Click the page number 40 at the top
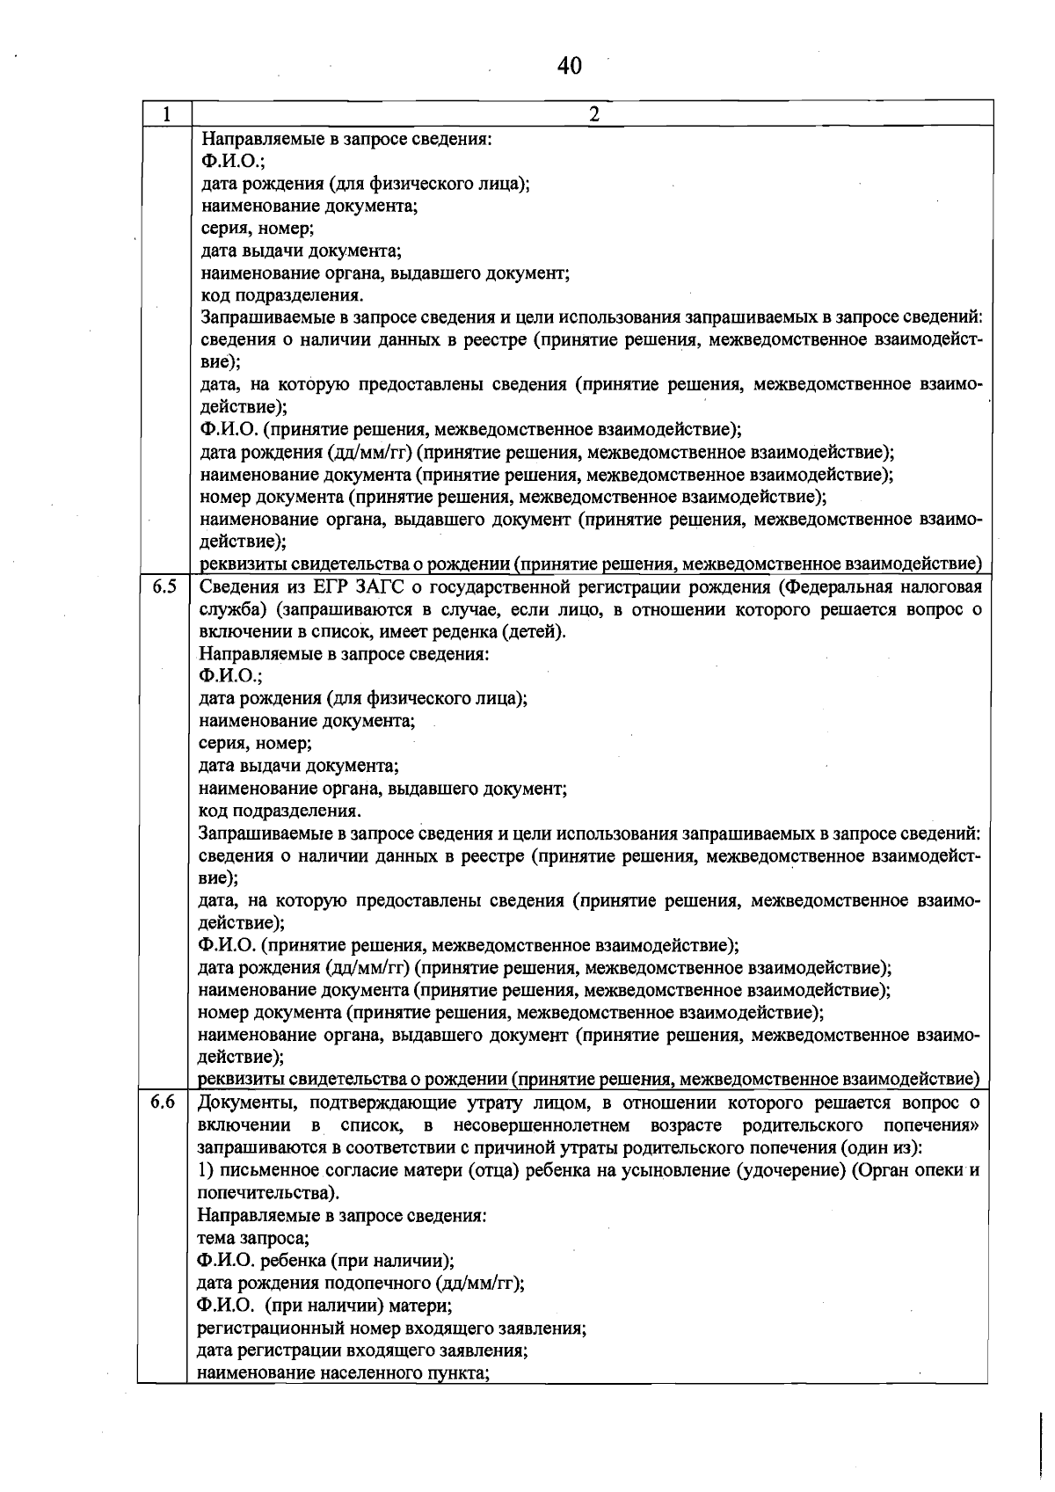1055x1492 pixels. [x=570, y=65]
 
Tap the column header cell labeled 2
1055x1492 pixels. [x=593, y=114]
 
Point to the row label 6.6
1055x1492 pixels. [x=163, y=1103]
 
